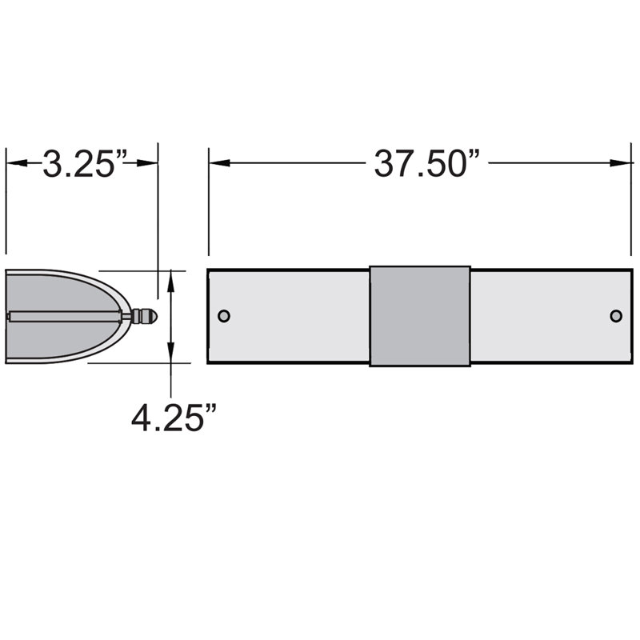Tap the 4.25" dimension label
(174, 416)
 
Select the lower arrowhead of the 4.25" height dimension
(170, 354)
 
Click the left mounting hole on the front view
(224, 316)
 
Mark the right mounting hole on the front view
(615, 316)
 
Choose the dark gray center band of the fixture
(420, 316)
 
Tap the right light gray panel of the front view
(544, 316)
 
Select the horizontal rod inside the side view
(64, 316)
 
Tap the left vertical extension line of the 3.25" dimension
(6, 200)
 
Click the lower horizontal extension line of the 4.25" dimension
(136, 362)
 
